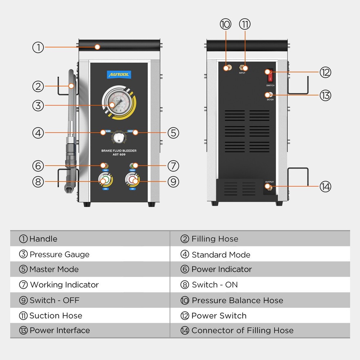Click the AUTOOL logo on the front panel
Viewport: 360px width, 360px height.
[x=119, y=75]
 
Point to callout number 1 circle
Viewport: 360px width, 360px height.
[x=38, y=47]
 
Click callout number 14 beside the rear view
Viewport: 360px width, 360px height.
[x=325, y=186]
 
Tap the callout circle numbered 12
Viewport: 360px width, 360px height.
[x=325, y=72]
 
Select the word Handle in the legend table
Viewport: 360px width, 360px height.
[x=43, y=239]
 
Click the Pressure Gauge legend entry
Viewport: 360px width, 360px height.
[x=59, y=255]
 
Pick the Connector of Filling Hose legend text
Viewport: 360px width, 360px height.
[x=242, y=330]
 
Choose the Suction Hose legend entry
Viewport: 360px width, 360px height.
[x=56, y=316]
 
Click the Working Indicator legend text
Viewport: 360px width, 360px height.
[x=64, y=285]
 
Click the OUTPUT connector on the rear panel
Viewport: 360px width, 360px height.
[x=269, y=188]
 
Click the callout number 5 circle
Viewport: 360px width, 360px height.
[x=173, y=133]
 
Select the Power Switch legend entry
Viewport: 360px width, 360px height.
[x=219, y=316]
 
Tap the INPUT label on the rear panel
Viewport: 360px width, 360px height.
[x=242, y=73]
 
